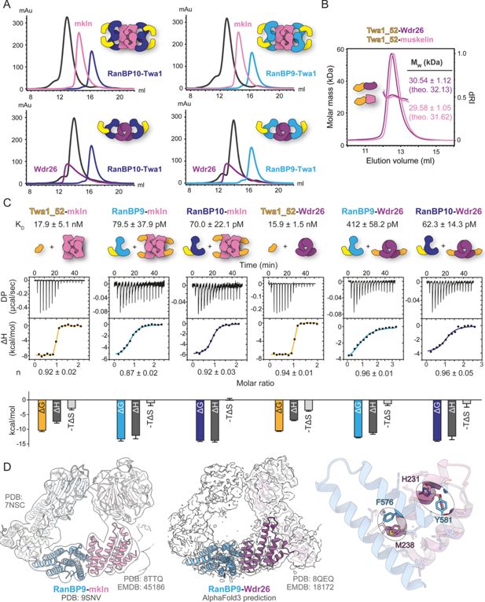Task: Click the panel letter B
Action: click(329, 7)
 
